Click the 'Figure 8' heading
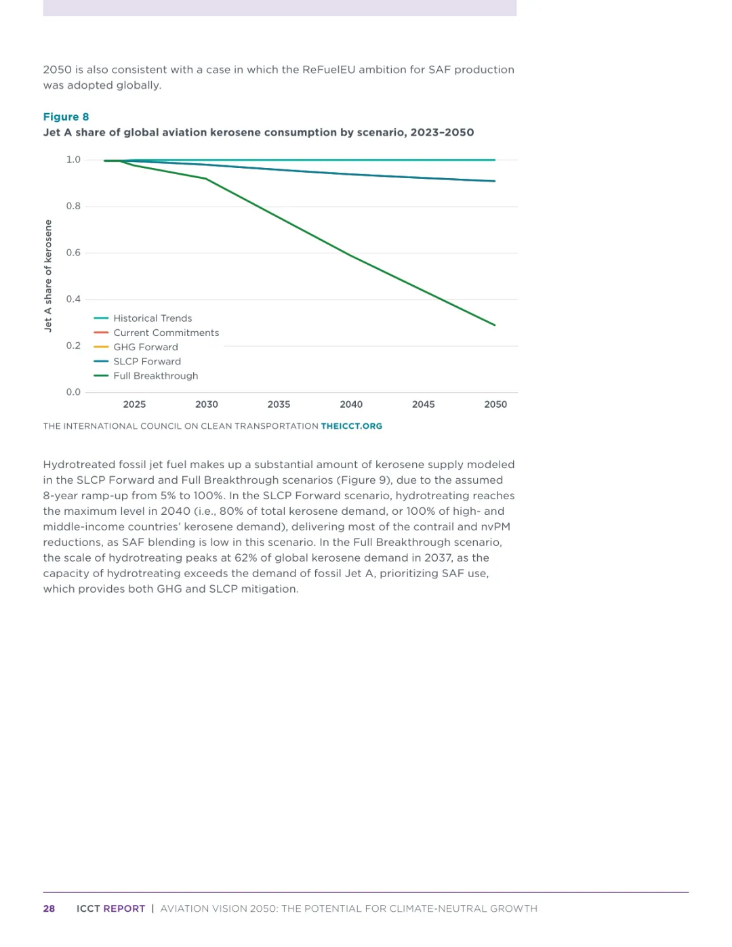point(66,117)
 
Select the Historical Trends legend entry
point(152,318)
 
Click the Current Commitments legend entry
point(165,333)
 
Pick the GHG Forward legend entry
point(145,347)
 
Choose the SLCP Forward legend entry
point(146,361)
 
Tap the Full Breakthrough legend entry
point(155,376)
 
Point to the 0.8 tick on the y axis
point(73,206)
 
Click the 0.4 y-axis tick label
point(73,299)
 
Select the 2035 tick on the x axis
point(279,404)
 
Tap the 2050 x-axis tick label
point(495,404)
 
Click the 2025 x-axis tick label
point(134,404)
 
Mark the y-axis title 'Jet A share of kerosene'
point(48,275)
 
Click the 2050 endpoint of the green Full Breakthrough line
point(495,324)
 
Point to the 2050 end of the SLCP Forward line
point(495,181)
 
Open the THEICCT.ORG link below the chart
point(351,426)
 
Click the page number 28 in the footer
point(49,908)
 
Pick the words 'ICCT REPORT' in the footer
point(110,908)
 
